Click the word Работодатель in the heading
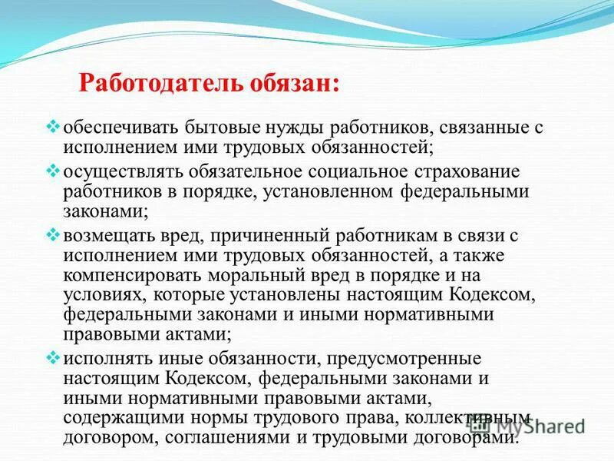coord(147,80)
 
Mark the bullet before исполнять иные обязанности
coord(54,357)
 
